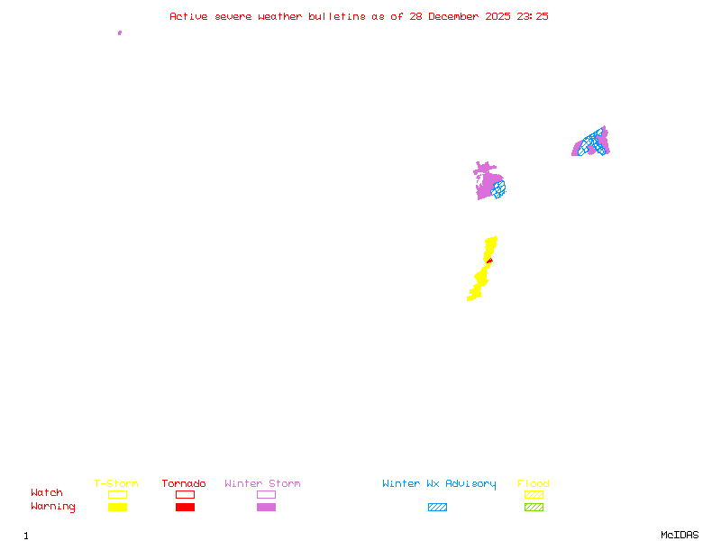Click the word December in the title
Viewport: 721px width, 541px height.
pos(457,16)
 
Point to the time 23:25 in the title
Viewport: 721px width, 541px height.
pos(532,16)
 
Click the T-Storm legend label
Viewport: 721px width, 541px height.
pos(116,484)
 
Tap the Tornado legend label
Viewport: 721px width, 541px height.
pos(184,484)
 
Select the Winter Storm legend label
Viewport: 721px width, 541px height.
pos(262,484)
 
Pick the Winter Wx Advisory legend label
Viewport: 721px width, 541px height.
pos(439,484)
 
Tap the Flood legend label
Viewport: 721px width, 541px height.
pos(534,484)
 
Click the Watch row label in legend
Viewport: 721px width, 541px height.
pos(47,493)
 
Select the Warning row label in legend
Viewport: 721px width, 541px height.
pos(53,507)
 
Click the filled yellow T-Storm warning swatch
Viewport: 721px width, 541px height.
pos(117,507)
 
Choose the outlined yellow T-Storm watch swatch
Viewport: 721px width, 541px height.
pos(117,494)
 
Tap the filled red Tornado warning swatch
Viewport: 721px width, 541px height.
pos(185,507)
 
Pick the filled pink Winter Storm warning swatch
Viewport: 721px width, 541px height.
pos(266,507)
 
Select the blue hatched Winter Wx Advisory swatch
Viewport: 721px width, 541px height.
pos(437,507)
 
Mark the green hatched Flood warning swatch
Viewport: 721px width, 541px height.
pos(534,507)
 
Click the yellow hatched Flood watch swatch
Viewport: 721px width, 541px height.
pos(534,494)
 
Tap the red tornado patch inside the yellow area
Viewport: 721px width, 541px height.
pos(488,260)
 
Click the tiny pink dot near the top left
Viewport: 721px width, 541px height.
pos(120,32)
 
